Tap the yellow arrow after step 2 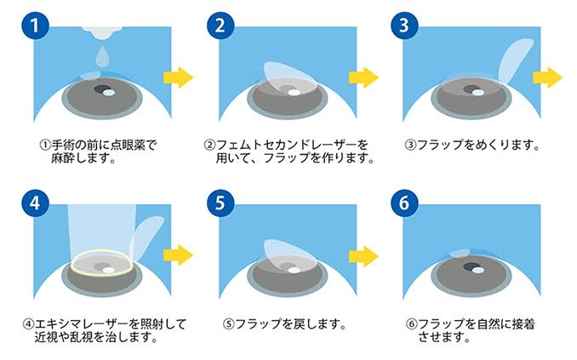tap(363, 77)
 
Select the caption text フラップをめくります tap(477, 145)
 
